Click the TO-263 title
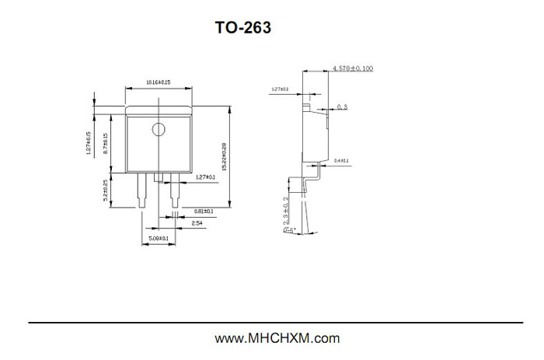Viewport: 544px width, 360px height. click(243, 29)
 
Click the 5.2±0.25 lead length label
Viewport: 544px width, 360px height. click(106, 190)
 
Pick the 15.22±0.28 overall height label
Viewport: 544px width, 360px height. click(224, 156)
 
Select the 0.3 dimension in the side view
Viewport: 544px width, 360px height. click(343, 107)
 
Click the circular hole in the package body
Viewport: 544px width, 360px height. click(159, 129)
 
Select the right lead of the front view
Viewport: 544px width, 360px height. click(174, 193)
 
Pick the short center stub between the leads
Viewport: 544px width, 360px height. click(159, 178)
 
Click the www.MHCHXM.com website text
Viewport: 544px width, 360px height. click(277, 338)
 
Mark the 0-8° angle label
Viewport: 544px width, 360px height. click(288, 230)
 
